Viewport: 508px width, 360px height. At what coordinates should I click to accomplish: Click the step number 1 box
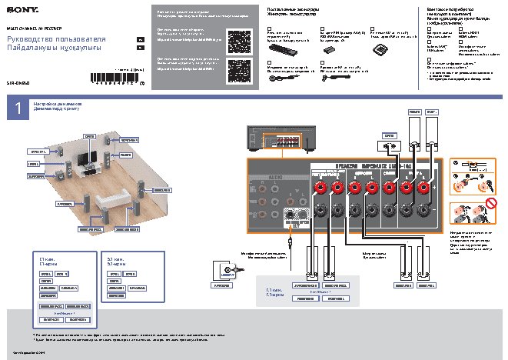(16, 108)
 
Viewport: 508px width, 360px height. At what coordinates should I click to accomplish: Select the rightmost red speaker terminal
(423, 185)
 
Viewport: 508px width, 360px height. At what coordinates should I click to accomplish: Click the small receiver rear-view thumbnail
(276, 142)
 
